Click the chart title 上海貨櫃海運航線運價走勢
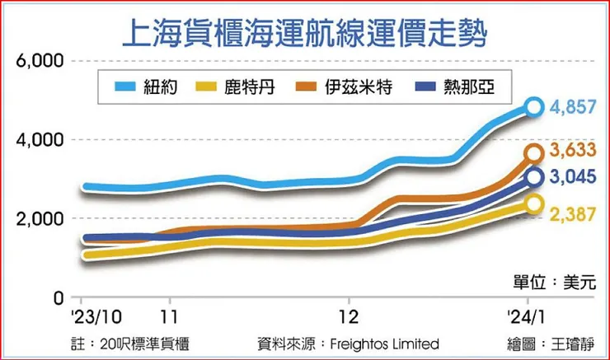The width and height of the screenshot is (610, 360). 304,35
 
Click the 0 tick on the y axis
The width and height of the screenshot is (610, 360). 59,297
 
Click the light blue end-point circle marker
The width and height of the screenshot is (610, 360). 534,106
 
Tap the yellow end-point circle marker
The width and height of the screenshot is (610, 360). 534,203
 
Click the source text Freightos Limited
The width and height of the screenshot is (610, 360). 392,344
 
